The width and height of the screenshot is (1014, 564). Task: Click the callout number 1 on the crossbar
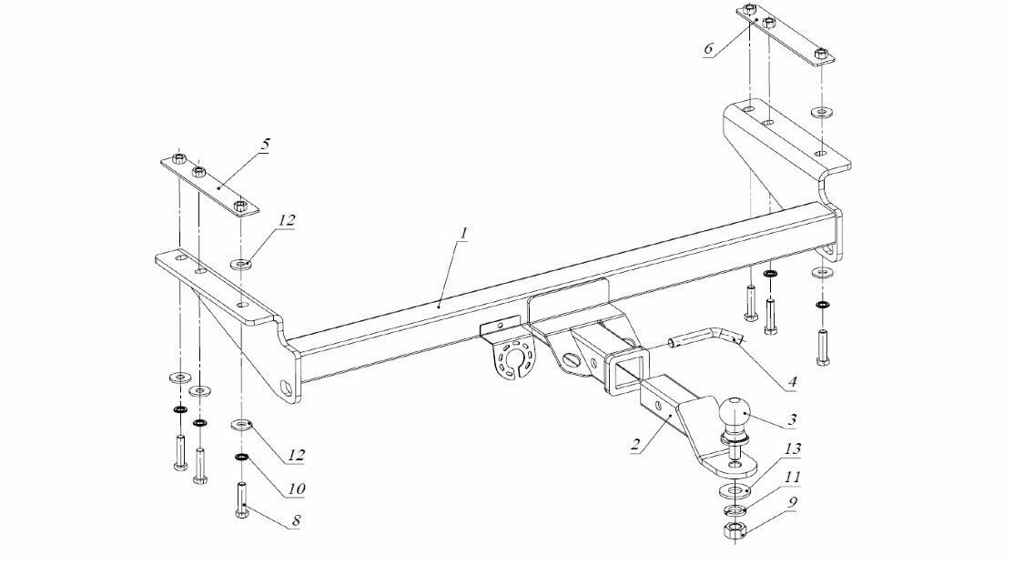(x=463, y=235)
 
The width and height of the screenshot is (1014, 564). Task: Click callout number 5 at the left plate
(x=265, y=146)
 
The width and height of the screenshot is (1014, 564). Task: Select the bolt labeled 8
(x=241, y=499)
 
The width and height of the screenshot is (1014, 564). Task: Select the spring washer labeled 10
(x=241, y=456)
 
